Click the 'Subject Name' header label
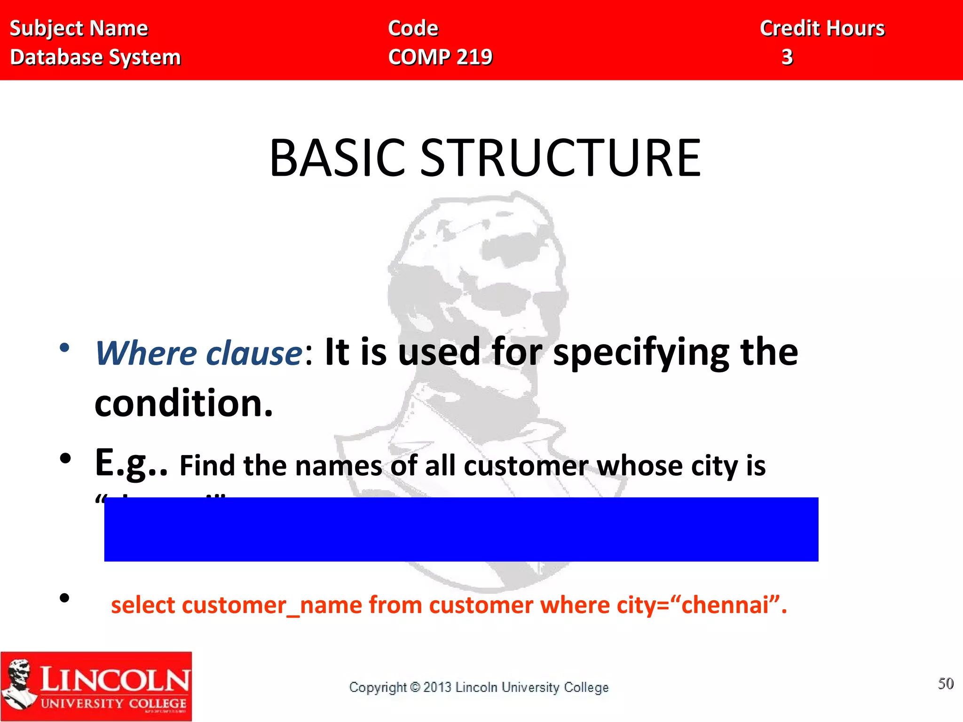pos(79,29)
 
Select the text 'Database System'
pos(95,57)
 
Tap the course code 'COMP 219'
pos(440,57)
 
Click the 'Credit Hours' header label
pos(822,29)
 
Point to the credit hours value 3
pos(787,57)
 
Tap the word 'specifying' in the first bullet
pos(641,353)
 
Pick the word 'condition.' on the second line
pos(183,403)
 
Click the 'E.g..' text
pos(131,463)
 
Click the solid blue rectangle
pos(461,529)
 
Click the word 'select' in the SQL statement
pos(142,605)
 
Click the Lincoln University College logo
pos(96,686)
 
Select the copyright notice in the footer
pos(479,687)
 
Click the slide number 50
pos(946,683)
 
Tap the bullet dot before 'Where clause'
pos(64,348)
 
